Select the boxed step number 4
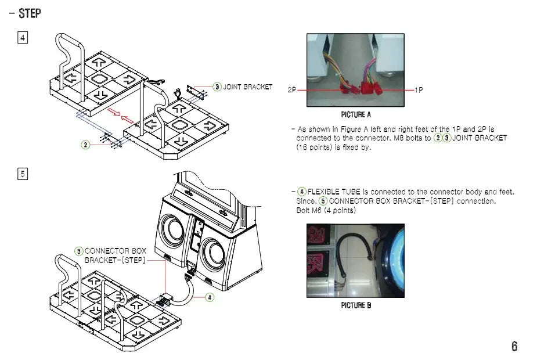[x=23, y=38]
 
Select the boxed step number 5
[x=23, y=174]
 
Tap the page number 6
[x=514, y=346]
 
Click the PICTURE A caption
[x=356, y=115]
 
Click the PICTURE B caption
[x=356, y=306]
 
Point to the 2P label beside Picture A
[x=292, y=91]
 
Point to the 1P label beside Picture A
[x=419, y=91]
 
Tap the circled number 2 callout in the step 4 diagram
[x=85, y=145]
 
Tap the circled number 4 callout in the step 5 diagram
[x=210, y=297]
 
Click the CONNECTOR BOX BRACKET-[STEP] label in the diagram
[x=115, y=255]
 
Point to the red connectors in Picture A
[x=360, y=89]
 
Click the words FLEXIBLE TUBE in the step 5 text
[x=334, y=192]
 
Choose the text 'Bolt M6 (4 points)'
[x=326, y=210]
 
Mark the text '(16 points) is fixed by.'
[x=333, y=147]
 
